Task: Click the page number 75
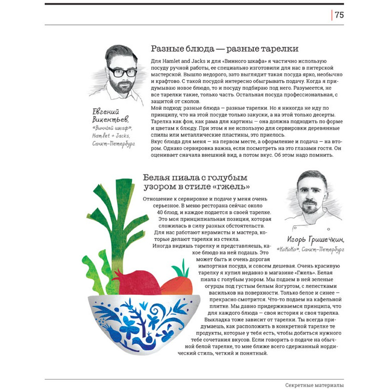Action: (339, 15)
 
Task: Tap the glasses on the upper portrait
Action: (122, 72)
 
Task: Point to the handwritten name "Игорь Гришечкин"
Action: (315, 239)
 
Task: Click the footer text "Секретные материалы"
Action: (314, 385)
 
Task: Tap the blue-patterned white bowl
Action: (144, 323)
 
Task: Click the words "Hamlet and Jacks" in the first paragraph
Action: (180, 61)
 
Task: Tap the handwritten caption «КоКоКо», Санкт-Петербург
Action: (310, 249)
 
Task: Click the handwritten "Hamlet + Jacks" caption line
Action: (111, 136)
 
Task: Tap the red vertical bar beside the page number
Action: (332, 15)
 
